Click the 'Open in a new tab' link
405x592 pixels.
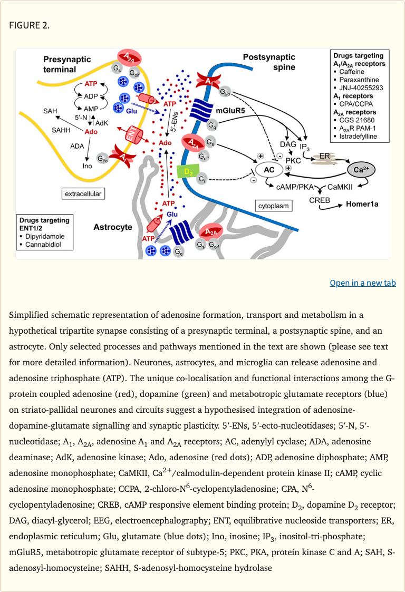(x=362, y=283)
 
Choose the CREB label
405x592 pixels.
(x=320, y=201)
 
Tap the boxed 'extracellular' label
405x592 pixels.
(x=82, y=194)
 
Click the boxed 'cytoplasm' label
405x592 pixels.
(x=273, y=206)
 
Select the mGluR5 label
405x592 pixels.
(x=231, y=111)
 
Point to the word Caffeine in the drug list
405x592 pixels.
(x=354, y=72)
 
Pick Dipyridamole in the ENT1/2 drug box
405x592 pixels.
(x=45, y=236)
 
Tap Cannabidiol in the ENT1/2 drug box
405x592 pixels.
(x=43, y=245)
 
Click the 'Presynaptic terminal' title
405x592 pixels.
(x=67, y=65)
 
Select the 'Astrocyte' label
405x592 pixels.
(x=112, y=227)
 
